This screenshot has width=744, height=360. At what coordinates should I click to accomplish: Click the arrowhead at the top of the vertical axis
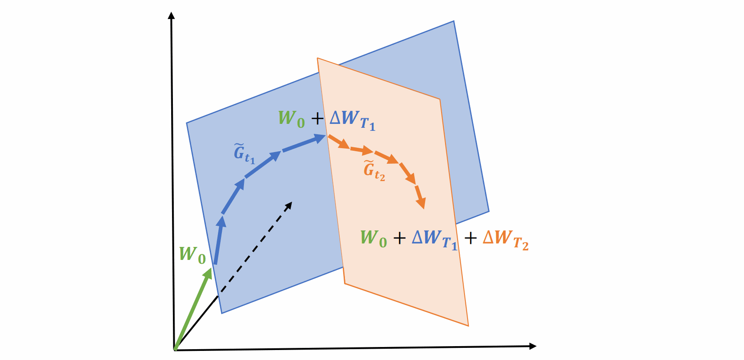point(171,16)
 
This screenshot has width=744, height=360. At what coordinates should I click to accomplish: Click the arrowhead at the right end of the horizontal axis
point(533,346)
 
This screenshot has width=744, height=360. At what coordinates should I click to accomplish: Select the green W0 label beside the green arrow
point(192,255)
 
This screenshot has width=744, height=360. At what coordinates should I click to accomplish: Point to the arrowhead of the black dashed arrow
point(288,206)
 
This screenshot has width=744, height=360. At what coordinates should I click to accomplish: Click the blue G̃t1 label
point(244,154)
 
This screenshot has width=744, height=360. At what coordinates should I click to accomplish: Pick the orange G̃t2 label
point(374,171)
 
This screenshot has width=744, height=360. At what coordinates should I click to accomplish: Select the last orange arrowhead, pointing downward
point(421,203)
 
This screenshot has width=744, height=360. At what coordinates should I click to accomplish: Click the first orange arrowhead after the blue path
point(344,144)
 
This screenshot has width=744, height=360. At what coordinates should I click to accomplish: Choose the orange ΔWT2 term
point(506,240)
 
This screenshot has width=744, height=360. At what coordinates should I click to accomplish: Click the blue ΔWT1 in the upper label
point(352,120)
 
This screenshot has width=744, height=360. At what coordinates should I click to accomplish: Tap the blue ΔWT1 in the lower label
point(435,240)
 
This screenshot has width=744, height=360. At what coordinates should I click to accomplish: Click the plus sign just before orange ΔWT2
point(470,238)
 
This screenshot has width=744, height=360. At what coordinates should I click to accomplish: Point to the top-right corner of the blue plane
point(454,21)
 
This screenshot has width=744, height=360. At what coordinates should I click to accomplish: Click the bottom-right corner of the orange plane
point(468,326)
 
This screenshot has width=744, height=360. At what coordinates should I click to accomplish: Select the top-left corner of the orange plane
point(317,58)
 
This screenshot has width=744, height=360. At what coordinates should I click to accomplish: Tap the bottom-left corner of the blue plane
point(221,313)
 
